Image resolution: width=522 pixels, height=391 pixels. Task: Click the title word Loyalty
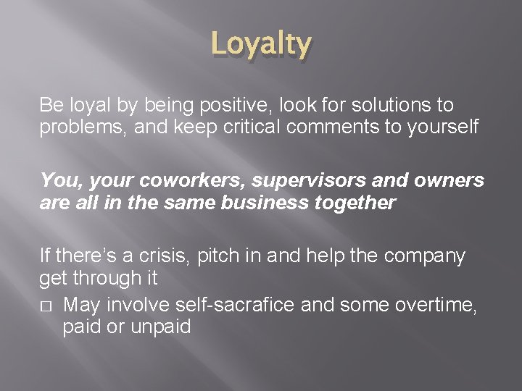point(262,46)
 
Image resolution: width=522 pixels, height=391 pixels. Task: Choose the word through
point(105,277)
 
